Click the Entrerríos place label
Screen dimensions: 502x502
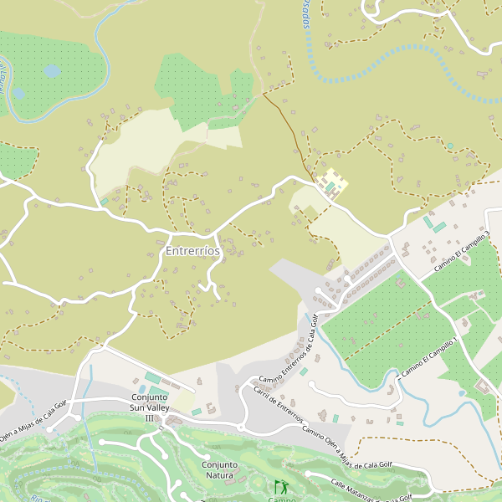pyautogui.click(x=192, y=251)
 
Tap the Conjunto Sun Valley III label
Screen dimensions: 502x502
pyautogui.click(x=151, y=407)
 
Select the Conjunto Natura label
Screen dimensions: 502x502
pyautogui.click(x=219, y=470)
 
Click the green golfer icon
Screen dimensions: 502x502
pyautogui.click(x=280, y=485)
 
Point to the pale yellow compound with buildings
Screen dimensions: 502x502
pyautogui.click(x=333, y=185)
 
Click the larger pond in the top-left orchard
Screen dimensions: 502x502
pyautogui.click(x=52, y=72)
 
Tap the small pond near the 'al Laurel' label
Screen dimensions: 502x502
pyautogui.click(x=18, y=94)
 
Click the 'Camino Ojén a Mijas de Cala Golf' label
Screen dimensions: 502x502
pyautogui.click(x=346, y=447)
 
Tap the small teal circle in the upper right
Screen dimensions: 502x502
pyautogui.click(x=450, y=146)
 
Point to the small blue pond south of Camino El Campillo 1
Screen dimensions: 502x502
pyautogui.click(x=461, y=393)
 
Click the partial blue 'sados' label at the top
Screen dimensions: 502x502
pyautogui.click(x=305, y=15)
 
